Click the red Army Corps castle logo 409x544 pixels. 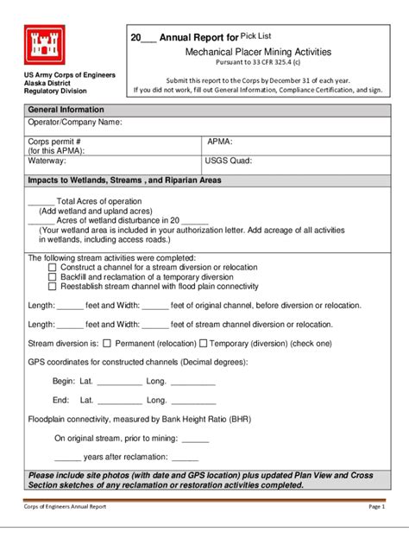[46, 46]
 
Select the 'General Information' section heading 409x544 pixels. [66, 110]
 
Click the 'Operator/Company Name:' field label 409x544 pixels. [75, 123]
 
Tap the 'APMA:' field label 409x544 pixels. [220, 140]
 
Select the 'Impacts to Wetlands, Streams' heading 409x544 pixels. [124, 180]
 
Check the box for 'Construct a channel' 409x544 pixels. [52, 268]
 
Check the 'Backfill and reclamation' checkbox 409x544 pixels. [52, 277]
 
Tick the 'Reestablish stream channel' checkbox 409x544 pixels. [52, 287]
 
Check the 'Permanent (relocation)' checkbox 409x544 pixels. [107, 343]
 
